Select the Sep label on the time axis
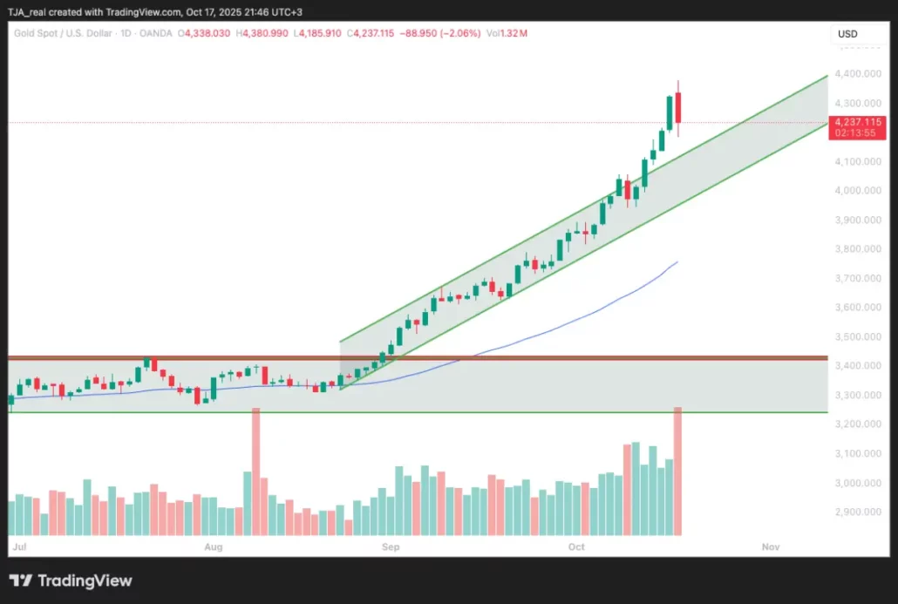[390, 546]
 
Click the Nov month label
[770, 546]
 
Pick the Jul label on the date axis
[18, 546]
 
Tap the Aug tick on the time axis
[213, 546]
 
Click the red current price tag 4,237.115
[859, 123]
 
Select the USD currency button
[847, 34]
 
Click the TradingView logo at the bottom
[71, 580]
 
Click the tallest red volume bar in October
[678, 471]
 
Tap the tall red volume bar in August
[255, 471]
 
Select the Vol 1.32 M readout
[507, 33]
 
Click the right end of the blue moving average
[677, 261]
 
